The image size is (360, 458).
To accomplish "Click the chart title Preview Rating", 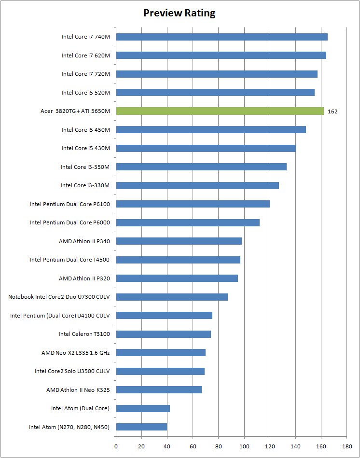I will tap(180, 13).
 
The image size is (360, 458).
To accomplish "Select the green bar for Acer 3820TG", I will tap(220, 111).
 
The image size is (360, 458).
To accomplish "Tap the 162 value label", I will tap(332, 111).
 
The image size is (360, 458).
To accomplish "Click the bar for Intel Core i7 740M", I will tap(222, 37).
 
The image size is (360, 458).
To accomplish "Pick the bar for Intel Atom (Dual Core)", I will tap(143, 408).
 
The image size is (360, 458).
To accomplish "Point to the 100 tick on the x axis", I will tap(244, 446).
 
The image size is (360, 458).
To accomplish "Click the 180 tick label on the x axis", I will tap(346, 446).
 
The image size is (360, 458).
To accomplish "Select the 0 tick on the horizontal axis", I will tap(116, 446).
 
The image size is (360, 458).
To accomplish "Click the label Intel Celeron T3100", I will tap(84, 334).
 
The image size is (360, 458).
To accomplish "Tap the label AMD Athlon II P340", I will tap(84, 241).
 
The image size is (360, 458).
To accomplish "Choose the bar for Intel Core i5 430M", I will tap(206, 148).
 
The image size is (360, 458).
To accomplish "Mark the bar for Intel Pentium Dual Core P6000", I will tap(188, 222).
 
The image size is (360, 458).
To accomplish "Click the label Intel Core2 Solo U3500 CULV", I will tap(72, 371).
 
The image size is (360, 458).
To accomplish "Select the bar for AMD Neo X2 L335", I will tap(161, 352).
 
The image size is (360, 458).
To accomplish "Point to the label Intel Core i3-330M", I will tap(85, 185).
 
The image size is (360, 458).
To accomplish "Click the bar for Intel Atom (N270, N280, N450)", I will tap(141, 427).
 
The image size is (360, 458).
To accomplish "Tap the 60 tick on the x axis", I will tap(193, 446).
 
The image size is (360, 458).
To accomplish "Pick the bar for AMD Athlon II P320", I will tap(177, 278).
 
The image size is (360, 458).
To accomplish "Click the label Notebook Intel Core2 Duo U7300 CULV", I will tap(59, 297).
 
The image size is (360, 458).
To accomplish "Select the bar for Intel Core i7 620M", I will tap(221, 55).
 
